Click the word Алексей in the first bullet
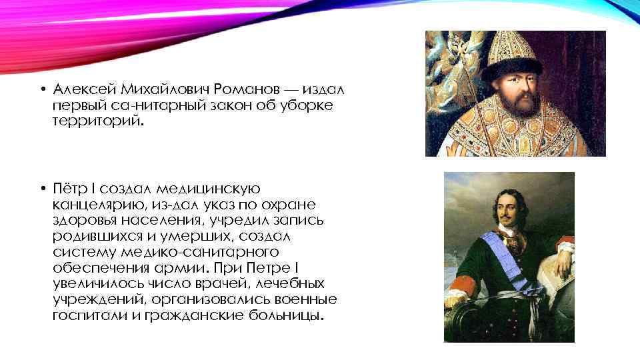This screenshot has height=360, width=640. point(80,89)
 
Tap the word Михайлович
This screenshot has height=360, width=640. point(158,89)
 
